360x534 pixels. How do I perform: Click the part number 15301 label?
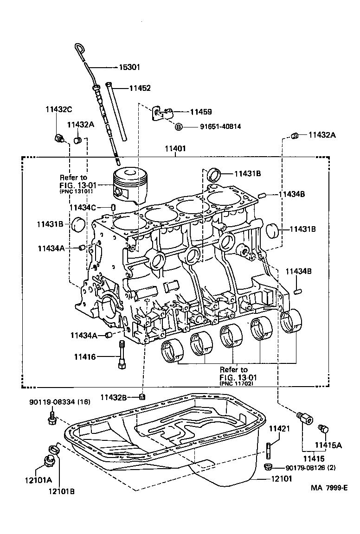129,67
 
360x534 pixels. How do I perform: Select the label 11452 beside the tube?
140,88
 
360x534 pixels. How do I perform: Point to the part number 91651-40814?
214,126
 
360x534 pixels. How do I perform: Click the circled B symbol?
179,126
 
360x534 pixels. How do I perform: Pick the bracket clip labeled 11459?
162,113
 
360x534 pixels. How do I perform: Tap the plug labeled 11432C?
58,138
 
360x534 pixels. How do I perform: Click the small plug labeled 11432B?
143,396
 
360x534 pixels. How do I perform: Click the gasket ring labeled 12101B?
54,449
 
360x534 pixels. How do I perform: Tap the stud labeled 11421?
268,449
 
